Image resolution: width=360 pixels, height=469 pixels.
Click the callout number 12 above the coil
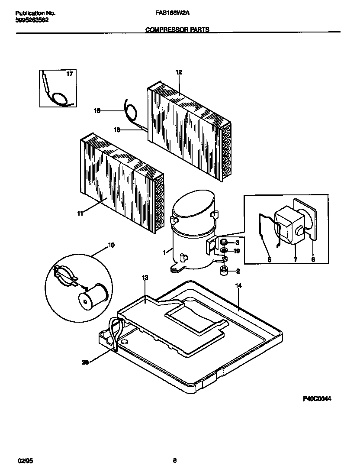179,73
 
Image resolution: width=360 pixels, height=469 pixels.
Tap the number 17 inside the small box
69,74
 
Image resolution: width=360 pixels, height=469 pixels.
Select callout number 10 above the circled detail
111,246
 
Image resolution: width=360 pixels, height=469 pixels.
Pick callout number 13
145,277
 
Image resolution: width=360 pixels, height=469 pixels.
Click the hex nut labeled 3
224,242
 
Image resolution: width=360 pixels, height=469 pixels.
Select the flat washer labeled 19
224,250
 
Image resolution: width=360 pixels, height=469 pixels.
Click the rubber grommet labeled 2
224,271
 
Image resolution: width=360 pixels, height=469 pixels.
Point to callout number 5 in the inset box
269,260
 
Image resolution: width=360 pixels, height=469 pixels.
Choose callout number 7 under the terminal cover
295,260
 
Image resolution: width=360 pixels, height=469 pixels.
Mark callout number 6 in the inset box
313,260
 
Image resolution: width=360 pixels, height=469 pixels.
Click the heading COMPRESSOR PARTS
177,30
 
